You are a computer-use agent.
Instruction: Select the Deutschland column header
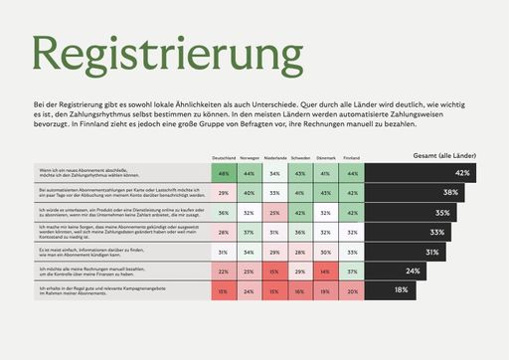click(x=223, y=158)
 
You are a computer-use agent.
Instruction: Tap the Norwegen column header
click(x=249, y=158)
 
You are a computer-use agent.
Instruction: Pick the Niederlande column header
click(x=274, y=158)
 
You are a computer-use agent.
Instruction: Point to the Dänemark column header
click(x=326, y=158)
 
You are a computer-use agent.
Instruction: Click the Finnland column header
click(x=351, y=158)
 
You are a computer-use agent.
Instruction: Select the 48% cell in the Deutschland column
click(x=224, y=173)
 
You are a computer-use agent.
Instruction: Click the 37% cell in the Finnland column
click(x=352, y=270)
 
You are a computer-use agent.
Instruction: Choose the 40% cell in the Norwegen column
click(x=249, y=193)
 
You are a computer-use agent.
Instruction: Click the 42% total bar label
click(x=490, y=173)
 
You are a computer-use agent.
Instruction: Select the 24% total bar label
click(x=413, y=270)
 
